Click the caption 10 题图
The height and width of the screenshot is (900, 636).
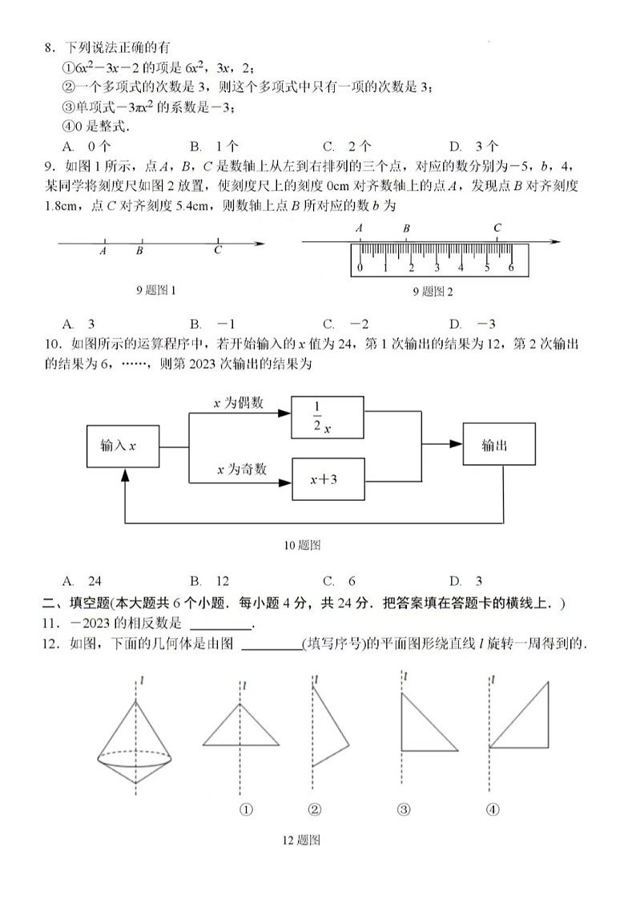point(302,545)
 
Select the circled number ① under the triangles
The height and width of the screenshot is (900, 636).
point(246,809)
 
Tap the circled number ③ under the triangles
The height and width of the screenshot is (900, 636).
point(404,809)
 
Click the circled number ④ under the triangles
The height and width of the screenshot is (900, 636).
point(493,809)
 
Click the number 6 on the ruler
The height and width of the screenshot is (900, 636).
point(511,268)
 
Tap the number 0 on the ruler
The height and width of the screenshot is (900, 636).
point(360,268)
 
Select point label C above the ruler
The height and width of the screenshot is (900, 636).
point(497,228)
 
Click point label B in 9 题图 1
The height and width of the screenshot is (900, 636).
point(139,251)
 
